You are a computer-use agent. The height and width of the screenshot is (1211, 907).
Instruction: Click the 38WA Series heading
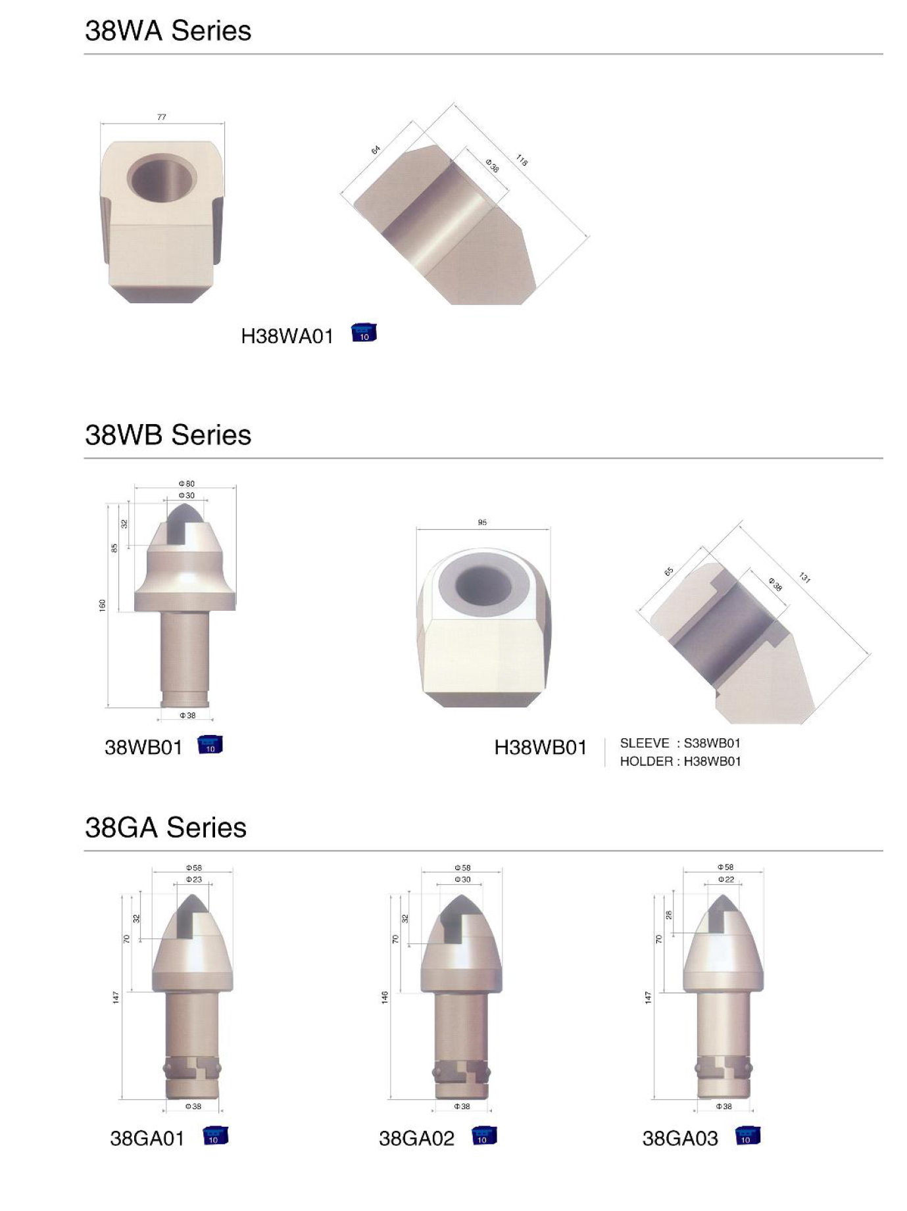pos(168,31)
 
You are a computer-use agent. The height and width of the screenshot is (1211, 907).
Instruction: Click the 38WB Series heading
pos(168,435)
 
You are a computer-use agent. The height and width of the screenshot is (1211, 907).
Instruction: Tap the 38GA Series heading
pos(166,827)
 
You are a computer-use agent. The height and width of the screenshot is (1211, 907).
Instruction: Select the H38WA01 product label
pos(287,337)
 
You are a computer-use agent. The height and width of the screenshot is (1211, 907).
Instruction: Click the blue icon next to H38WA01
pos(364,333)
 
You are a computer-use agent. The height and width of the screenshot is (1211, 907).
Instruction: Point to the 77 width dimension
pos(162,117)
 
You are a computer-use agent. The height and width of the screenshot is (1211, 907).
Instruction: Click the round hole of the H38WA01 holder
pos(162,178)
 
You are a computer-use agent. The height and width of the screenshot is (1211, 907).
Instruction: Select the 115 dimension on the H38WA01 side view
pos(522,160)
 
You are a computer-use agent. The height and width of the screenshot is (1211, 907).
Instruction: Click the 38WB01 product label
pos(143,748)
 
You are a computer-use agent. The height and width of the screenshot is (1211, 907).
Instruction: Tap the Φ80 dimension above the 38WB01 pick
pos(187,484)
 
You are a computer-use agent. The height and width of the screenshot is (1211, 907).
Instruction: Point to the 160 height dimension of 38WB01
pos(103,605)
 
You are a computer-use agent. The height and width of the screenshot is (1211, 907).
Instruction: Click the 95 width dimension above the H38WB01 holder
pos(482,523)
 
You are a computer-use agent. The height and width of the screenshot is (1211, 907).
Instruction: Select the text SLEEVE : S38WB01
pos(680,744)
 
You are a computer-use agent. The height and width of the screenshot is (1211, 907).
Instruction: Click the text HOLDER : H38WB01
pos(680,761)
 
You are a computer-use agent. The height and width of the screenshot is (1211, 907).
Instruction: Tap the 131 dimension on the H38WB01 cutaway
pos(804,578)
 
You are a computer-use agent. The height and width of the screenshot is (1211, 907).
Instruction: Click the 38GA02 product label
pos(416,1139)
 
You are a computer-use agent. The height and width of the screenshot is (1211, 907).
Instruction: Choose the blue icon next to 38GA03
pos(747,1136)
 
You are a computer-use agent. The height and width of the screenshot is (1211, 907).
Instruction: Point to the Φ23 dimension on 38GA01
pos(194,880)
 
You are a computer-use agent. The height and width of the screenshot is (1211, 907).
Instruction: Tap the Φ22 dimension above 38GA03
pos(725,880)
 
